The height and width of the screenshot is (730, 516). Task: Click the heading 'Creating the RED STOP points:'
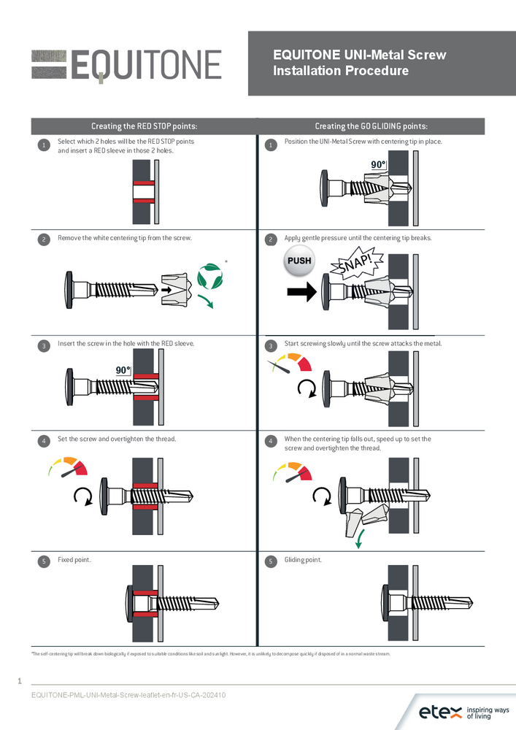[x=144, y=126]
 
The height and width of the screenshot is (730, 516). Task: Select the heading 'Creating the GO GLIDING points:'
[x=371, y=126]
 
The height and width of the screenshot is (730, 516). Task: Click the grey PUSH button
[x=299, y=261]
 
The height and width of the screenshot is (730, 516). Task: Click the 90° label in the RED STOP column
[x=123, y=370]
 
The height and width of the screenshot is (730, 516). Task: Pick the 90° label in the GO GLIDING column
[x=378, y=165]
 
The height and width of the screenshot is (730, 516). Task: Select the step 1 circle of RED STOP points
[x=44, y=145]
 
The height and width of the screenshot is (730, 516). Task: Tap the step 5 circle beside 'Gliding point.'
[x=271, y=561]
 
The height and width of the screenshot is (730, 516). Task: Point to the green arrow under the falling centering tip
[x=359, y=541]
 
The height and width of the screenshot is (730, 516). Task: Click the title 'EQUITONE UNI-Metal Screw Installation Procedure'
[x=359, y=63]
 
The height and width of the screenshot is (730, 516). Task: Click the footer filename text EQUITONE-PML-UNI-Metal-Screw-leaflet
[x=128, y=695]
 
